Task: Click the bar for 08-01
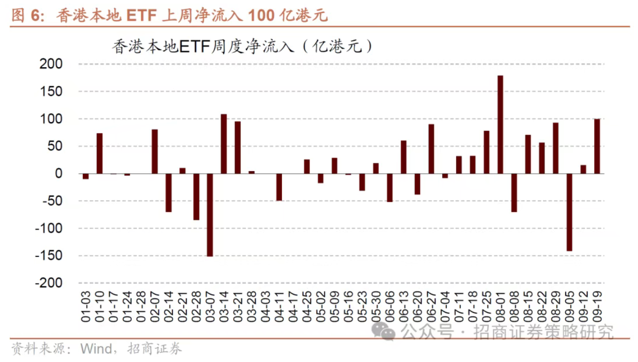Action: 500,125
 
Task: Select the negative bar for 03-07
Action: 210,215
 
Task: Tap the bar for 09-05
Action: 569,212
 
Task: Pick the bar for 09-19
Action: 597,146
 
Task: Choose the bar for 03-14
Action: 224,144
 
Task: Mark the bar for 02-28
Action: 196,197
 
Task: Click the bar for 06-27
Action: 431,149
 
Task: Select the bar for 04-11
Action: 279,187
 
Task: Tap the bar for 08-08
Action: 514,192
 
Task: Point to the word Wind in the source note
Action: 96,349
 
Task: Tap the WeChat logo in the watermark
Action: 384,331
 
